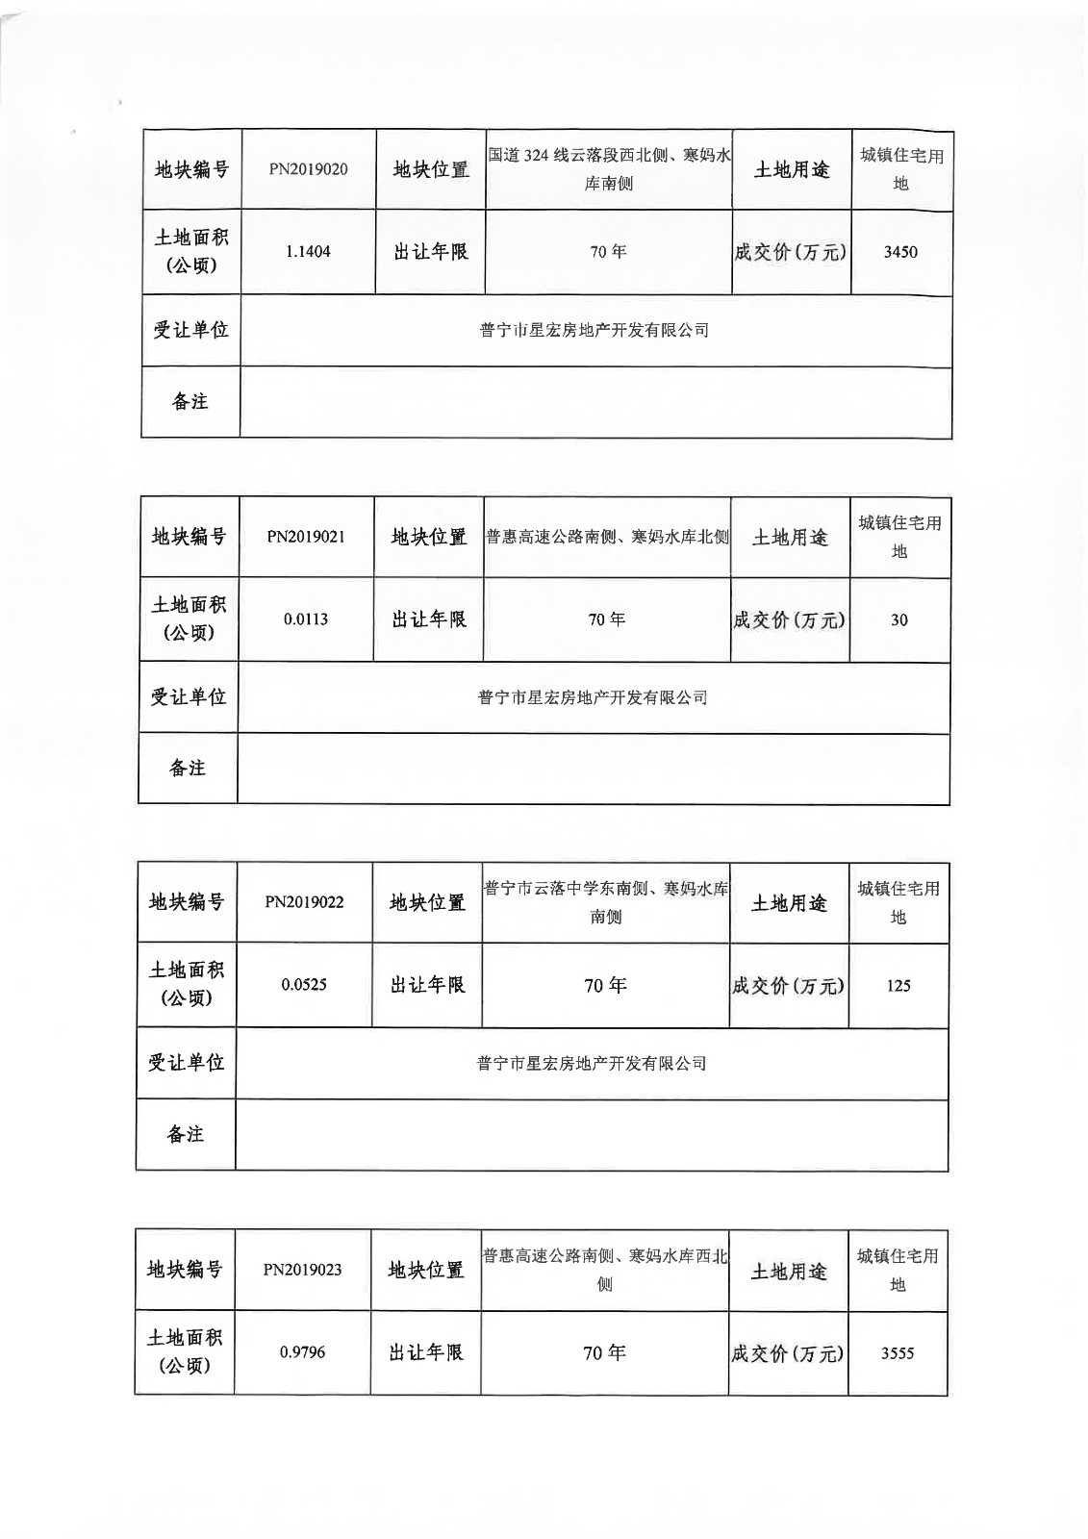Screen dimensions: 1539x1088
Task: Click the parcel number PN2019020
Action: (x=308, y=169)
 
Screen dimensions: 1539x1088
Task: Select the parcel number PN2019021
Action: (x=306, y=537)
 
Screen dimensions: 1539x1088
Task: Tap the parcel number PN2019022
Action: (x=304, y=902)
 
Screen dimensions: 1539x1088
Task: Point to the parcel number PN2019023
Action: (x=302, y=1270)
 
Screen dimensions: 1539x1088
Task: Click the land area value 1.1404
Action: (x=308, y=252)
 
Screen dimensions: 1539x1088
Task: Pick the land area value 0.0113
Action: (x=306, y=619)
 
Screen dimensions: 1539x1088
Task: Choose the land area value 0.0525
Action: (x=304, y=985)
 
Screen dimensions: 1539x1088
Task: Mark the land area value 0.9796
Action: (x=302, y=1352)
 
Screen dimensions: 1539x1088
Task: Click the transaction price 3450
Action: (x=900, y=252)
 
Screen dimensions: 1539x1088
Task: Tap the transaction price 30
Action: (x=898, y=620)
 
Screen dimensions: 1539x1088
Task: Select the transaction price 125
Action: (x=898, y=986)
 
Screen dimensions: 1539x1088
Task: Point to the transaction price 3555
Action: (x=898, y=1353)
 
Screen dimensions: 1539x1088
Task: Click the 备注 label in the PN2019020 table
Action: (x=190, y=401)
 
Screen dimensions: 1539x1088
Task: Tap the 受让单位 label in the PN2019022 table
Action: (x=186, y=1062)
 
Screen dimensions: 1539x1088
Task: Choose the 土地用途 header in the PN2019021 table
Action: (x=790, y=538)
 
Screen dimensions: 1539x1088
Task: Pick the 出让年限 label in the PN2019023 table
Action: (x=426, y=1352)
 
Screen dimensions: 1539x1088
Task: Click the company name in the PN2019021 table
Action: (x=593, y=697)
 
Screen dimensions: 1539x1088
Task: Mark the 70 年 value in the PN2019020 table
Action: (x=608, y=252)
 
